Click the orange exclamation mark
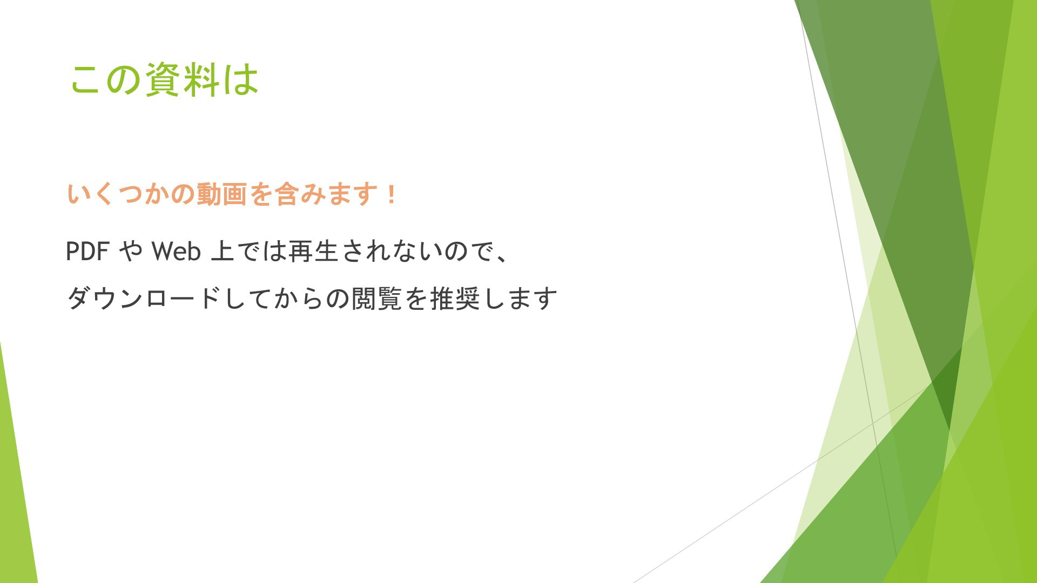[392, 194]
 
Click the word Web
[176, 252]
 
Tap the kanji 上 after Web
[223, 252]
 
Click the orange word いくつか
[117, 194]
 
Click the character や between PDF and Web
[131, 252]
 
